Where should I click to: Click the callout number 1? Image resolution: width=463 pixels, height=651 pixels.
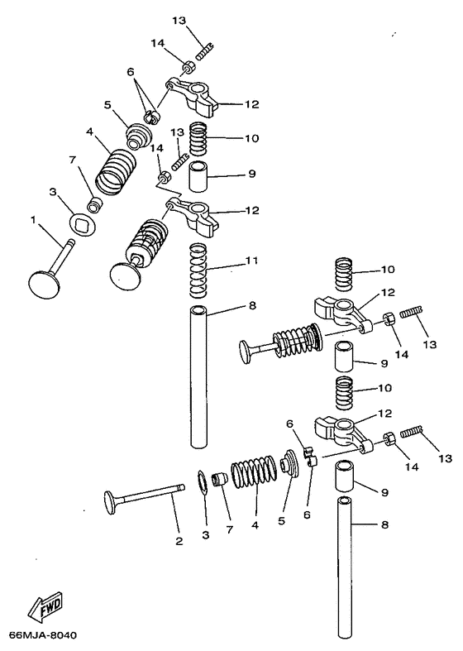point(34,220)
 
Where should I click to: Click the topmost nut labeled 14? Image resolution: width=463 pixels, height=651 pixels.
point(188,66)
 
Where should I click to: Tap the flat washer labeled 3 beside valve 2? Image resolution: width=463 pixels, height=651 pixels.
point(203,481)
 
